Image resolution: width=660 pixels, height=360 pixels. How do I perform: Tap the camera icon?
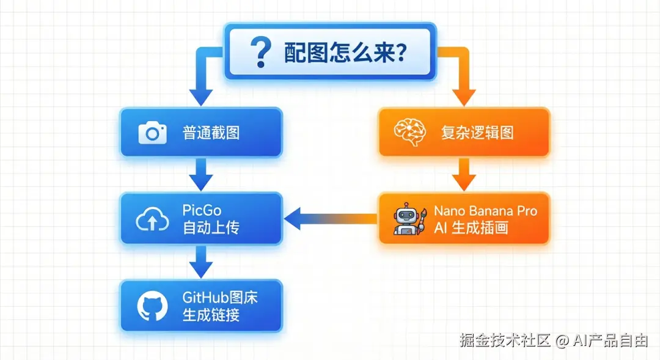click(152, 133)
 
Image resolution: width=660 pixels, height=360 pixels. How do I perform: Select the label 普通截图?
click(211, 133)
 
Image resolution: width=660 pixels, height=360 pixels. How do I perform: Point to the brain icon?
click(408, 133)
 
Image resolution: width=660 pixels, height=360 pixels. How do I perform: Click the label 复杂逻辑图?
click(477, 133)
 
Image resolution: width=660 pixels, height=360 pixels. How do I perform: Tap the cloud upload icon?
click(152, 219)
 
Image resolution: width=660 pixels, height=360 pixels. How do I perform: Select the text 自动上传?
click(211, 228)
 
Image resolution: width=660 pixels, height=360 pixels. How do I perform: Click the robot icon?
click(408, 219)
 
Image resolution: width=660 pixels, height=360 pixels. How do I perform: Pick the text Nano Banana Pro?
click(486, 211)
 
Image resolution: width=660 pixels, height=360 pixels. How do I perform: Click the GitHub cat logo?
click(152, 306)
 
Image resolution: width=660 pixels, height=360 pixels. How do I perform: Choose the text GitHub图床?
click(220, 298)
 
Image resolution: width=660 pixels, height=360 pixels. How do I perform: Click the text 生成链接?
click(211, 315)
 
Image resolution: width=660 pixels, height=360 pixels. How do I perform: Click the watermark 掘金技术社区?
click(505, 340)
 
